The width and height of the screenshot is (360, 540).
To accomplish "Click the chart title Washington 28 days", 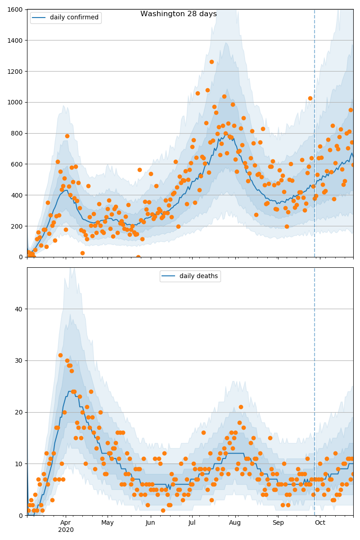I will click(x=178, y=14).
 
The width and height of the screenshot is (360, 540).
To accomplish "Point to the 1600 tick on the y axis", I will click(x=16, y=9).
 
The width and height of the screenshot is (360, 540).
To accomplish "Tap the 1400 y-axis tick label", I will click(x=16, y=40).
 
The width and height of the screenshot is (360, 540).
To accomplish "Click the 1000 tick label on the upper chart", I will click(x=16, y=102).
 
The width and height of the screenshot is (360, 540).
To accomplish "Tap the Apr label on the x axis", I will click(x=66, y=523).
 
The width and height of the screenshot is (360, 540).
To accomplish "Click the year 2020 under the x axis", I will click(x=66, y=530).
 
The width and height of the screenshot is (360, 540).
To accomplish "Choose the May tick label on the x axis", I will click(x=108, y=523).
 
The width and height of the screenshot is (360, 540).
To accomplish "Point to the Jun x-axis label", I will click(x=150, y=523).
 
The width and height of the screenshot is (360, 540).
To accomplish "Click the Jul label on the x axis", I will click(x=192, y=523).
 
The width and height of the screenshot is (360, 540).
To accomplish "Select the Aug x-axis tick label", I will click(x=234, y=523).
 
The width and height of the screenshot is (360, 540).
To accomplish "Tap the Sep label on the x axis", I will click(x=278, y=523).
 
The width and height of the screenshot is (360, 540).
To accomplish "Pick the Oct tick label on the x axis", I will click(x=319, y=523).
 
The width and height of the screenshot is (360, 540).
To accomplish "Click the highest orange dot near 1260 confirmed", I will click(x=211, y=62).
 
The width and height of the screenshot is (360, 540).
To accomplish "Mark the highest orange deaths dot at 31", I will click(x=60, y=355).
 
